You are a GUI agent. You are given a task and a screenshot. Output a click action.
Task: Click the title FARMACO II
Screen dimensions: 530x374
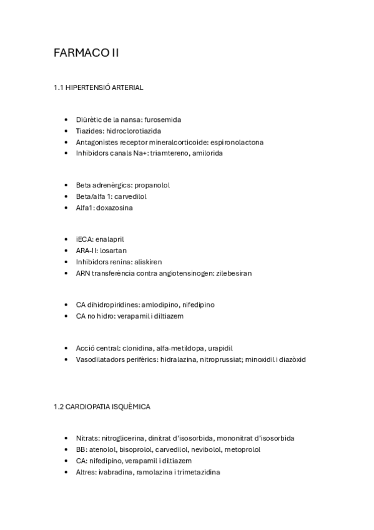click(86, 53)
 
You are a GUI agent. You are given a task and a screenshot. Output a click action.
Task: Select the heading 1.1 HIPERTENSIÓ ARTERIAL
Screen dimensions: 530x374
click(98, 87)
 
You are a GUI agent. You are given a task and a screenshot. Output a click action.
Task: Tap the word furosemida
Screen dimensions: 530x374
click(162, 119)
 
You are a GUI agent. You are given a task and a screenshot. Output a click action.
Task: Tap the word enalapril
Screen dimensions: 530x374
click(114, 239)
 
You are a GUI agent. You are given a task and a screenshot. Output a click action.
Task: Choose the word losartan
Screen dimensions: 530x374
click(113, 251)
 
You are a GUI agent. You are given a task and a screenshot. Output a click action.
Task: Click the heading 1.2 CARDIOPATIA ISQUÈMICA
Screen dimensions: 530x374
click(102, 406)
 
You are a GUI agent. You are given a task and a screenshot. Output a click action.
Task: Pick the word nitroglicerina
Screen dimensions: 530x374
click(124, 438)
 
